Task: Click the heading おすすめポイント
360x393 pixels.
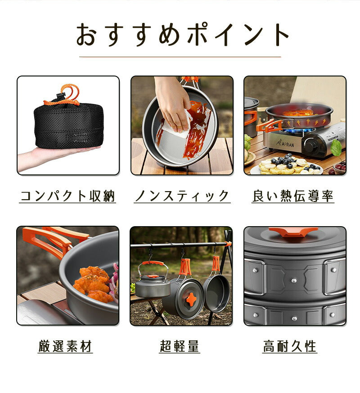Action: (x=183, y=35)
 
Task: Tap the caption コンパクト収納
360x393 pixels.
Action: (x=67, y=196)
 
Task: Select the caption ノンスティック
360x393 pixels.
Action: (x=182, y=196)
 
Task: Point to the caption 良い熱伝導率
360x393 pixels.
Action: (x=293, y=196)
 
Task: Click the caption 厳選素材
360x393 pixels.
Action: (x=65, y=346)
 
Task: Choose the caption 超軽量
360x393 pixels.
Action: (x=180, y=346)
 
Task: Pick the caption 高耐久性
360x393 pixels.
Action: (x=290, y=346)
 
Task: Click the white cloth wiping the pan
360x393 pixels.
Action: (x=175, y=126)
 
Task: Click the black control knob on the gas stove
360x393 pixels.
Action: (x=313, y=146)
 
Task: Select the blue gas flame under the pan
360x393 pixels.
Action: (x=298, y=130)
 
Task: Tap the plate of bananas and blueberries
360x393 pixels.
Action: (x=287, y=166)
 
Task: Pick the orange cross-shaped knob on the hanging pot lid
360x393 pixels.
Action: (x=191, y=298)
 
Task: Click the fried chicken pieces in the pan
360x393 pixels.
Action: (x=93, y=283)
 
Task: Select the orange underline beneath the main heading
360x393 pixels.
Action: (x=180, y=57)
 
